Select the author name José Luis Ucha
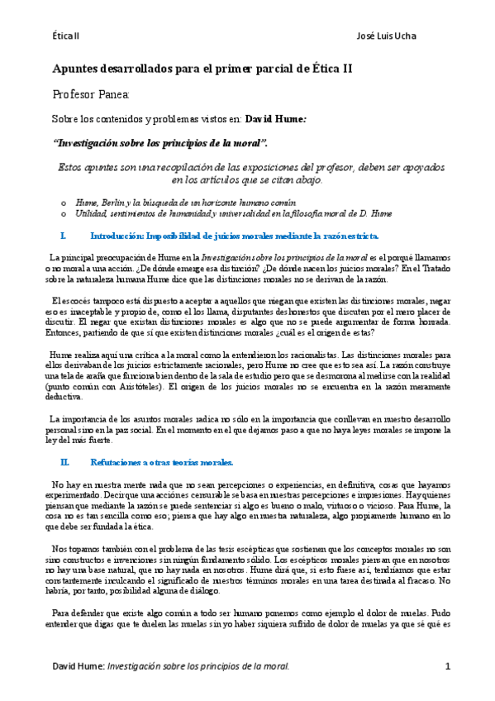386,36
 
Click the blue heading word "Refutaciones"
117,461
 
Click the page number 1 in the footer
447,665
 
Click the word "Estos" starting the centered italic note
71,166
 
